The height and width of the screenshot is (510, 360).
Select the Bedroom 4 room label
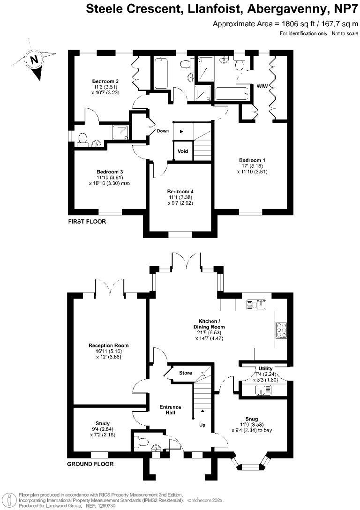coord(180,191)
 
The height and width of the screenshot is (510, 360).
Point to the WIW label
coord(262,86)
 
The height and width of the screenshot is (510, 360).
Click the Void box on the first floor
coord(183,151)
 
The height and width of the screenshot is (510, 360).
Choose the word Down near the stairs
coord(163,131)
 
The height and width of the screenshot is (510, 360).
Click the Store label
coord(186,373)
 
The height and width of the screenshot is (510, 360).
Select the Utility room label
coord(265,368)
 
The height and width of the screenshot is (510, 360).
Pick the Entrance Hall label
coord(170,410)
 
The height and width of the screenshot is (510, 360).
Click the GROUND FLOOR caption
coord(91,464)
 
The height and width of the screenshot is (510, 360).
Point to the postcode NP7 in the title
coord(345,8)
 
